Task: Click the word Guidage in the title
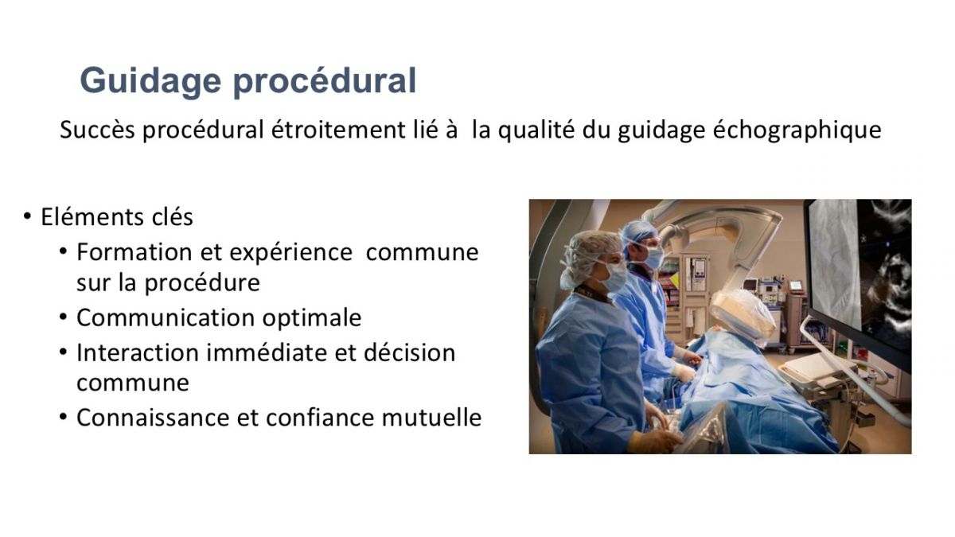point(150,81)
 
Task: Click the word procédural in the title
point(325,80)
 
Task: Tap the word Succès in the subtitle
point(98,130)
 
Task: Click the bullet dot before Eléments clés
point(27,216)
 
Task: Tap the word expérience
point(290,253)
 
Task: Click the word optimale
point(312,319)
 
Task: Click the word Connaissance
point(153,418)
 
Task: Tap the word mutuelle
point(431,418)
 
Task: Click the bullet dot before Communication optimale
point(63,317)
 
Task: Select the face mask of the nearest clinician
point(614,277)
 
